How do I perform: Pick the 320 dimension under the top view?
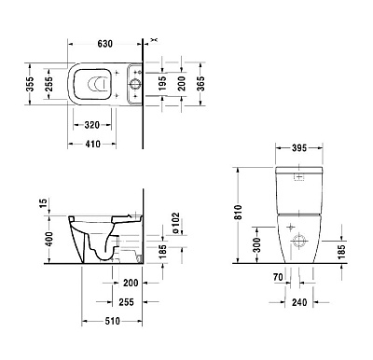click(91, 125)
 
